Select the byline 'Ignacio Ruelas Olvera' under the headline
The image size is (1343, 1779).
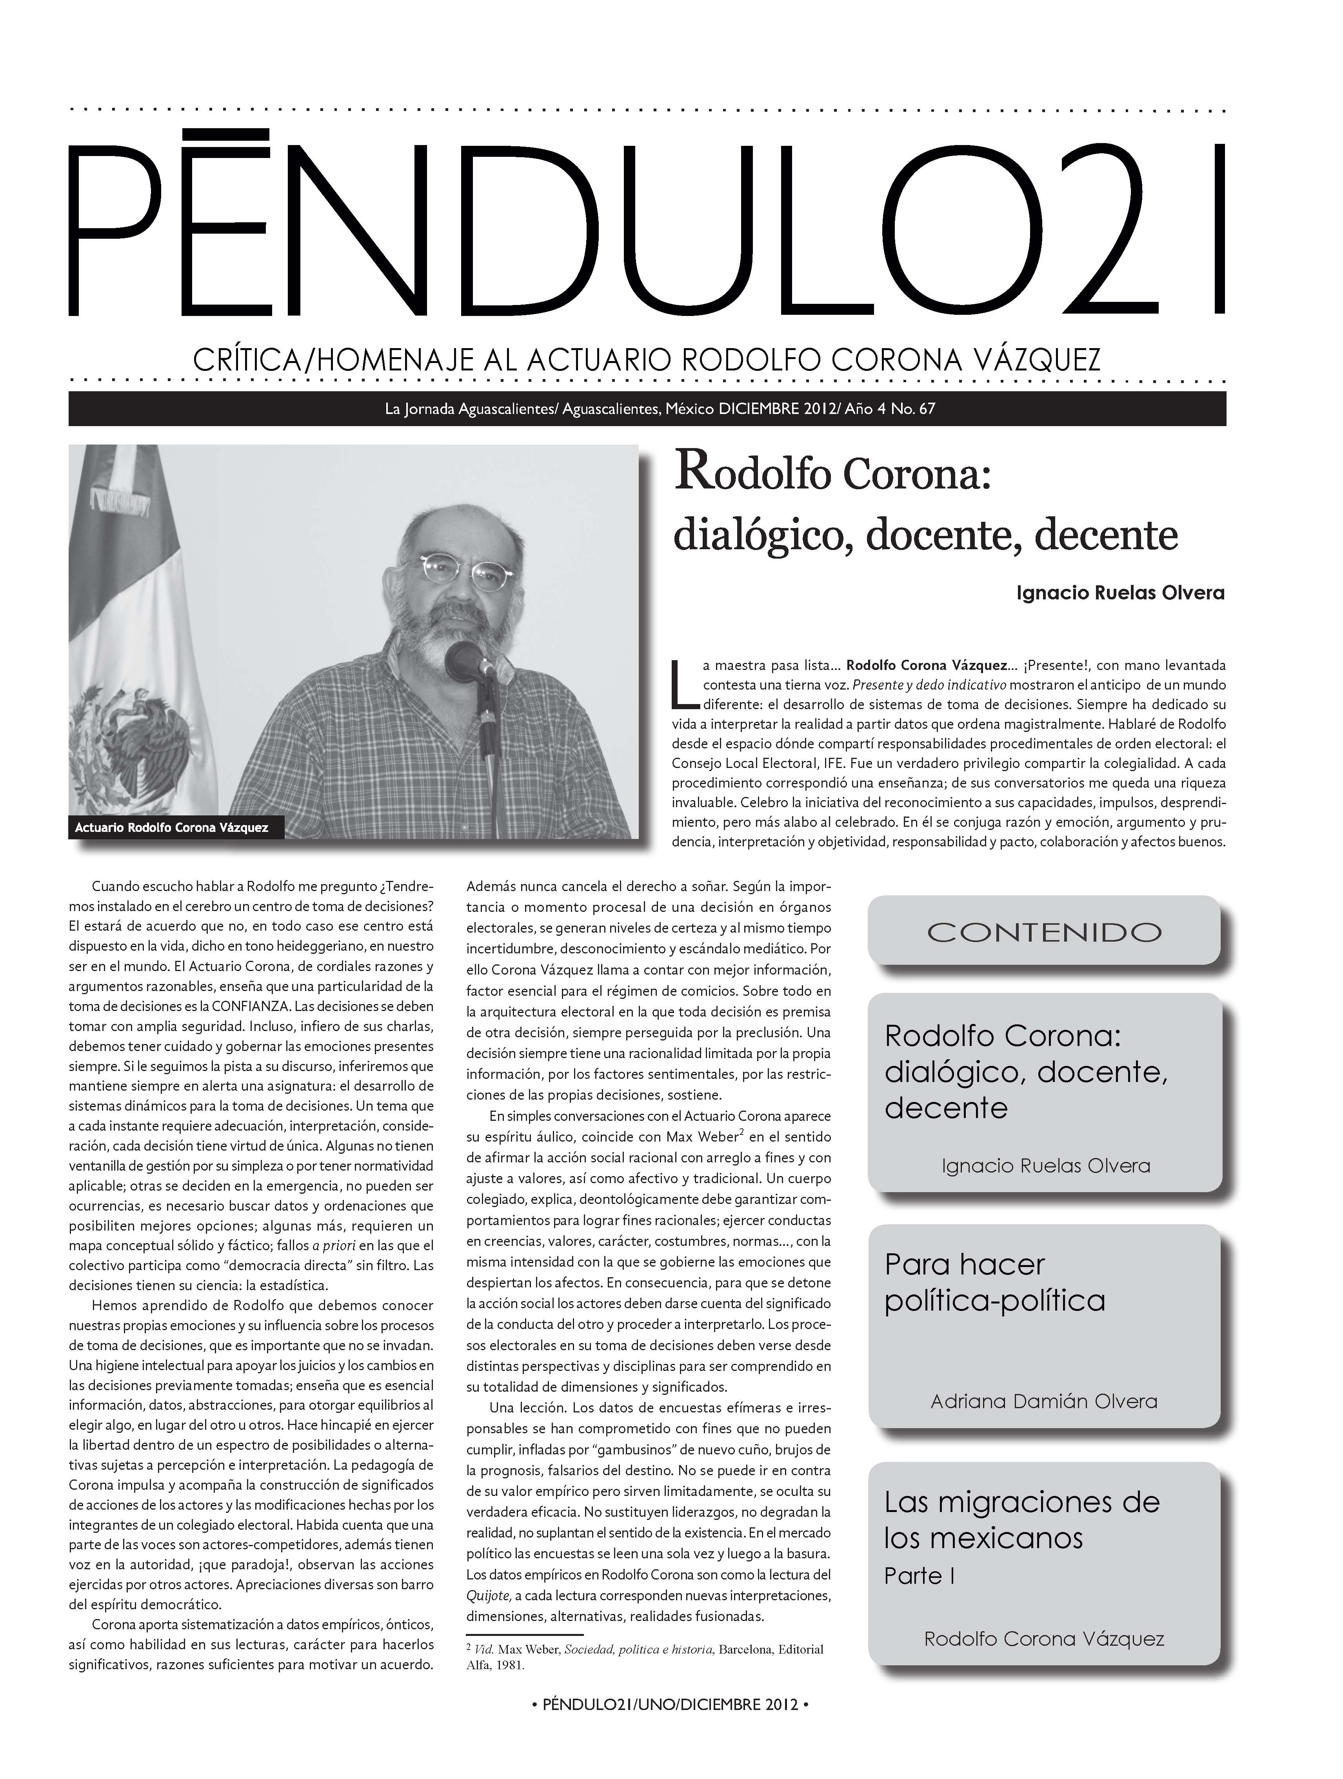(1120, 594)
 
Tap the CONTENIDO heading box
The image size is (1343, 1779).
(1044, 931)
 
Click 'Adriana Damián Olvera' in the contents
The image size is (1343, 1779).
(1044, 1401)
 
